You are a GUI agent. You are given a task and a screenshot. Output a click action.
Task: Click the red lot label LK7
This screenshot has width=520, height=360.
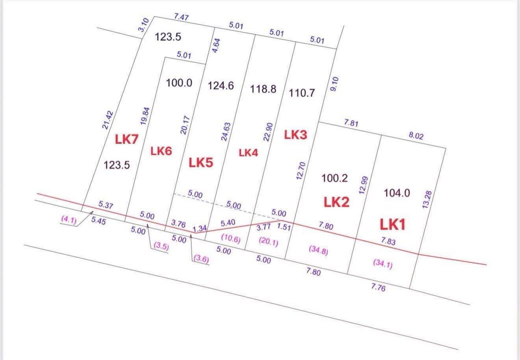tap(126, 139)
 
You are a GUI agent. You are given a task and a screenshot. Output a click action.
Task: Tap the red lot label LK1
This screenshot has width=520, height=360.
tap(392, 224)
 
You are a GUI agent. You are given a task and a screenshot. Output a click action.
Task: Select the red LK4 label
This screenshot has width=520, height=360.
tap(248, 153)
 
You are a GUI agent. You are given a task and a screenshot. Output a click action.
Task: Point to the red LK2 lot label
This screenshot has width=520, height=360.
tap(336, 202)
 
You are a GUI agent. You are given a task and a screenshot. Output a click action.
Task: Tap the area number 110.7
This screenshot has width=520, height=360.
tap(301, 93)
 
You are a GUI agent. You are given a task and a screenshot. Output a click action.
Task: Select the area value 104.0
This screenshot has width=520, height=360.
tap(396, 193)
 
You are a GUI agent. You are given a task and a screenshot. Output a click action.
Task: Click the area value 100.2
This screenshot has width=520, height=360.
tap(334, 178)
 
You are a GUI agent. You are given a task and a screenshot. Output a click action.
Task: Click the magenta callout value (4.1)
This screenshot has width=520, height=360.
tap(68, 219)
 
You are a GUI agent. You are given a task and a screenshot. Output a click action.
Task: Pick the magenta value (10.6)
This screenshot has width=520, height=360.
tap(230, 239)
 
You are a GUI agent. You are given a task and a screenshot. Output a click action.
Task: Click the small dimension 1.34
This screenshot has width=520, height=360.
tap(199, 228)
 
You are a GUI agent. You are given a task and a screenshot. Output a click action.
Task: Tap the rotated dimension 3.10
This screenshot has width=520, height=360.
tap(142, 25)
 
